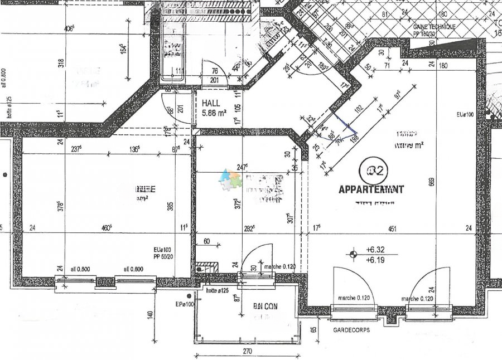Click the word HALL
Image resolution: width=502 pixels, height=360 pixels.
pyautogui.click(x=211, y=103)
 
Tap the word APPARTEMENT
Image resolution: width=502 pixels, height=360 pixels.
pyautogui.click(x=372, y=189)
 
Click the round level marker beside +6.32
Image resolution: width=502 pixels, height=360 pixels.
pyautogui.click(x=353, y=255)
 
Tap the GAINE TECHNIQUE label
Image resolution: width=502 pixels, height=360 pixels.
pyautogui.click(x=434, y=27)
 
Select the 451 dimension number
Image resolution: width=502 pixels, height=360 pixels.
pyautogui.click(x=393, y=227)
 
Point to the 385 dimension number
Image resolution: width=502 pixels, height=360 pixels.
pyautogui.click(x=171, y=206)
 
